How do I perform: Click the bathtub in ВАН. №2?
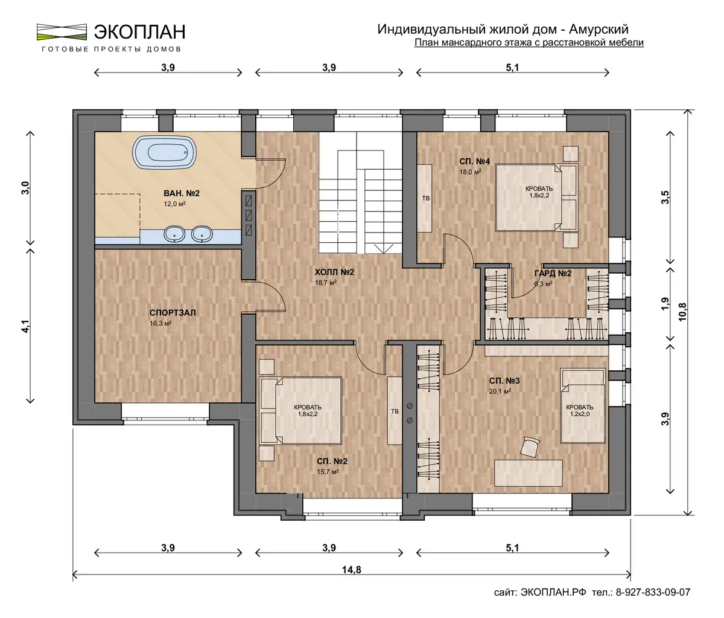point(164,153)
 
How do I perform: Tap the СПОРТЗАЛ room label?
point(173,312)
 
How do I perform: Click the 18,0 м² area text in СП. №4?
point(470,172)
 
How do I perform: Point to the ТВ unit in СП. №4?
point(425,198)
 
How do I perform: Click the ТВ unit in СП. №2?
point(395,411)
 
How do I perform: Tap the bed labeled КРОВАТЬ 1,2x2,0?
point(582,405)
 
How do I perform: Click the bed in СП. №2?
point(300,410)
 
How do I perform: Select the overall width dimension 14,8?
point(351,570)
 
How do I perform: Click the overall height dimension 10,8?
point(682,312)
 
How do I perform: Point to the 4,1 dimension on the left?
point(26,326)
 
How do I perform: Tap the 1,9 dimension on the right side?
point(665,304)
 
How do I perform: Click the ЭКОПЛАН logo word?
point(139,32)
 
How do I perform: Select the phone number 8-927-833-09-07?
point(653,593)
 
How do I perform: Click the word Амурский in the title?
point(599,30)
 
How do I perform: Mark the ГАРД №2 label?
point(553,273)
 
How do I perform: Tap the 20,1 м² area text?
point(500,391)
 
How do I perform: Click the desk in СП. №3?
point(528,473)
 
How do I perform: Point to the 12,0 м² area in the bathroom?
point(174,204)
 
